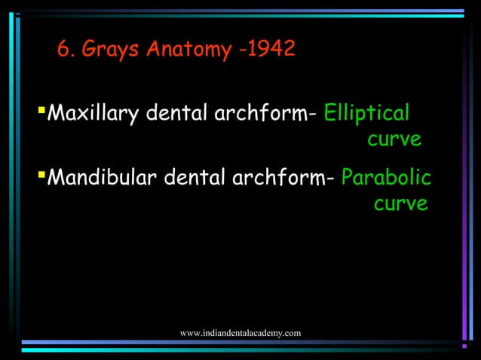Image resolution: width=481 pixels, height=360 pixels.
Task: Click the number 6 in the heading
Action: point(63,50)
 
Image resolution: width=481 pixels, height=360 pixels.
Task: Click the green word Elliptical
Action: point(367,114)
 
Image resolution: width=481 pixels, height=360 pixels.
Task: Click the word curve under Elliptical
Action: point(394,141)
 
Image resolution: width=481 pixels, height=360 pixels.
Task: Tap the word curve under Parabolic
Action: point(401,204)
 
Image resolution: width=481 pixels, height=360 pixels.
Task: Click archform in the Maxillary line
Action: point(262,114)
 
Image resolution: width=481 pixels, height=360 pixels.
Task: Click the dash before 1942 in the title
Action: point(242,51)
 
